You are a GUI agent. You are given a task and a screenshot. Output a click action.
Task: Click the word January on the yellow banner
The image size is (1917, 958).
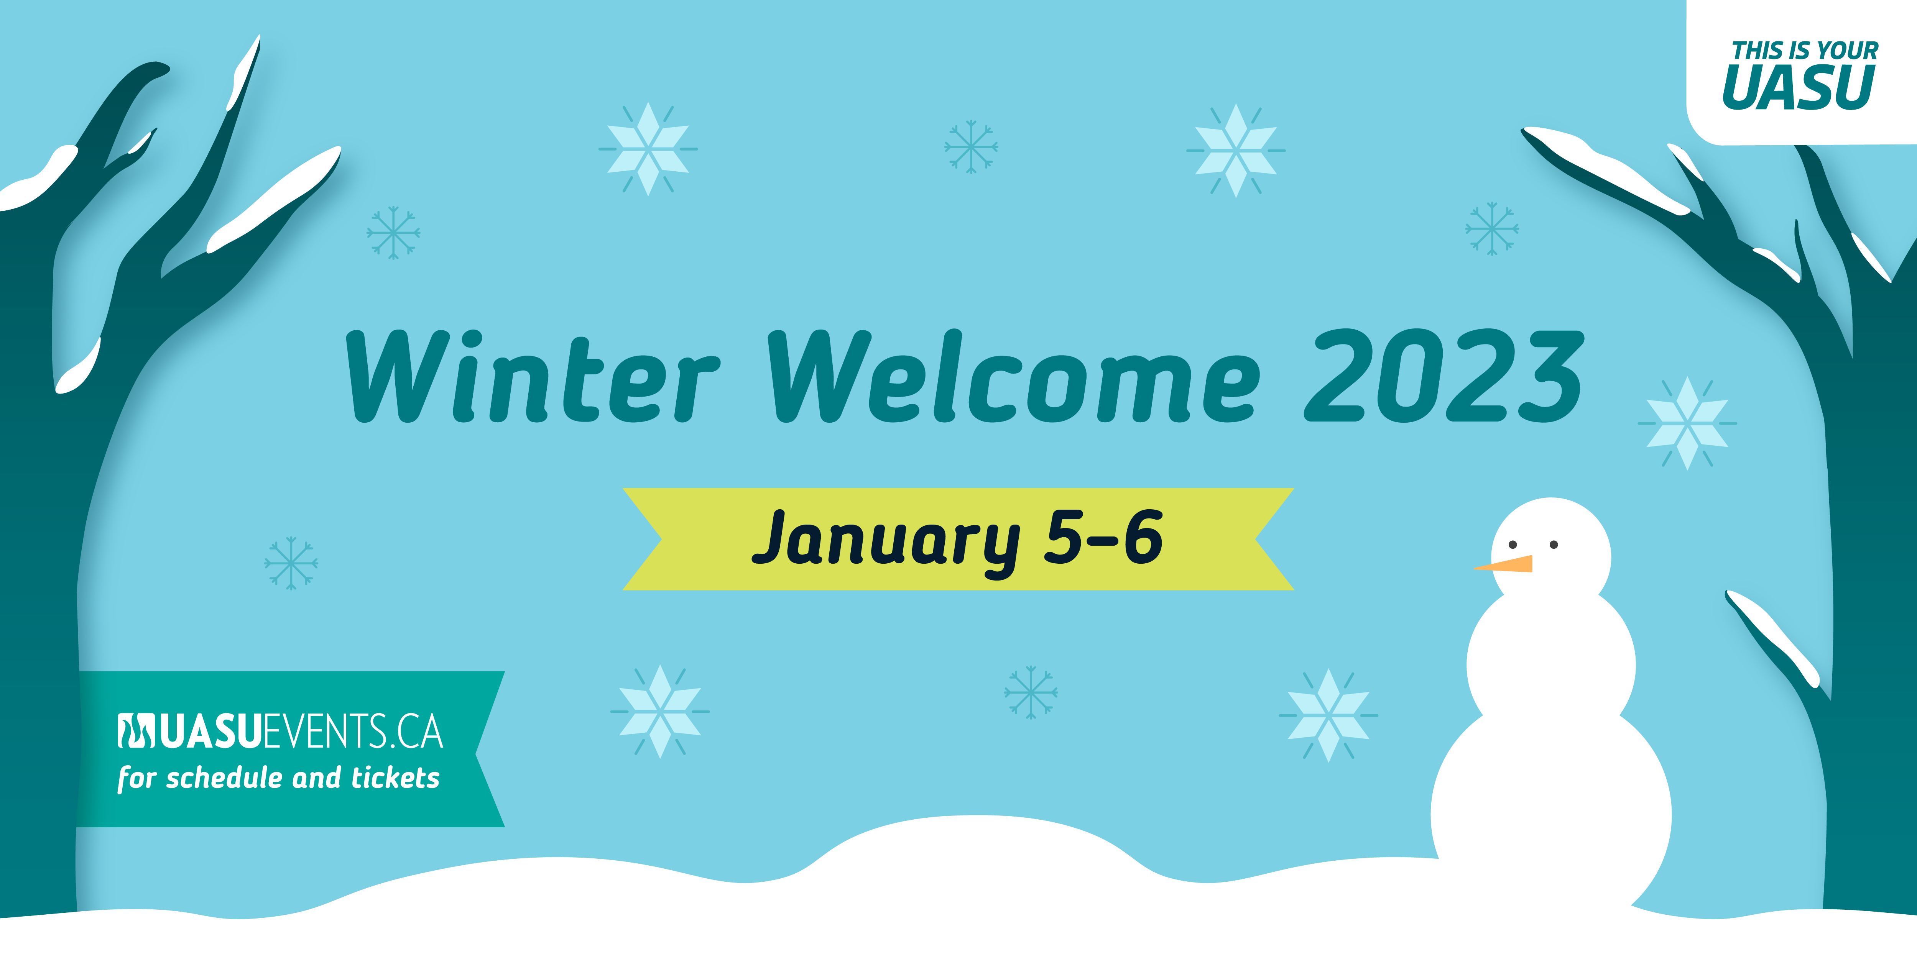886,541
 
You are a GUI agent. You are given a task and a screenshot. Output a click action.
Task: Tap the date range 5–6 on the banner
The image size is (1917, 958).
1103,537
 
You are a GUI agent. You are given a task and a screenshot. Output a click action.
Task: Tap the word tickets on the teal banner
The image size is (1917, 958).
395,778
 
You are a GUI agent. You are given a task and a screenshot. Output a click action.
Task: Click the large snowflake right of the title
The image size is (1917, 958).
1687,423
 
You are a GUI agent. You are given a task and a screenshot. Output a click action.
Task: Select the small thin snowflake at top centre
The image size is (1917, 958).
971,146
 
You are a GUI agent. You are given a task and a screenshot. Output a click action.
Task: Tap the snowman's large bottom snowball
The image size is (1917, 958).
1552,814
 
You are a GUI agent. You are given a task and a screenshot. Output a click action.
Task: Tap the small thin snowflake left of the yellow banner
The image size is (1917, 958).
291,563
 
